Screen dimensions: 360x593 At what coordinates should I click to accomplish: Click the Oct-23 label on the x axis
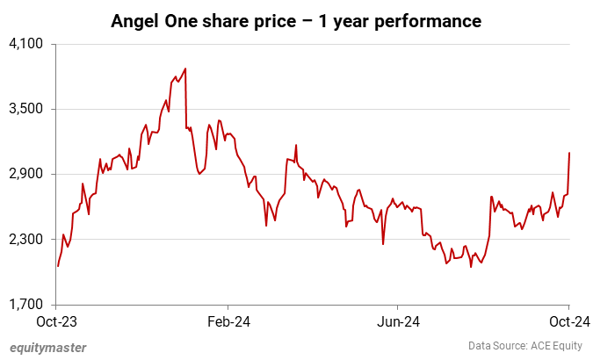point(57,321)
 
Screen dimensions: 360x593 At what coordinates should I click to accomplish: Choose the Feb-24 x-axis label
point(228,321)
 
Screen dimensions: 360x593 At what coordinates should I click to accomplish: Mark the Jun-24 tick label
point(398,321)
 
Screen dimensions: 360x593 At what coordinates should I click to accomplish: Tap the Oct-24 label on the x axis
point(568,321)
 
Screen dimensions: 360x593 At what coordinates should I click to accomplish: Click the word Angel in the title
point(136,21)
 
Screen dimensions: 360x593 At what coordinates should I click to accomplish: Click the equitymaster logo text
point(47,348)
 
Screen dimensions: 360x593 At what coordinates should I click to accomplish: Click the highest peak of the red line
point(184,68)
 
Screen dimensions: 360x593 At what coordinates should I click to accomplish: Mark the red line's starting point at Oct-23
point(58,265)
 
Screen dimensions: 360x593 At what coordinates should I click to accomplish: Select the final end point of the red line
point(569,153)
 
